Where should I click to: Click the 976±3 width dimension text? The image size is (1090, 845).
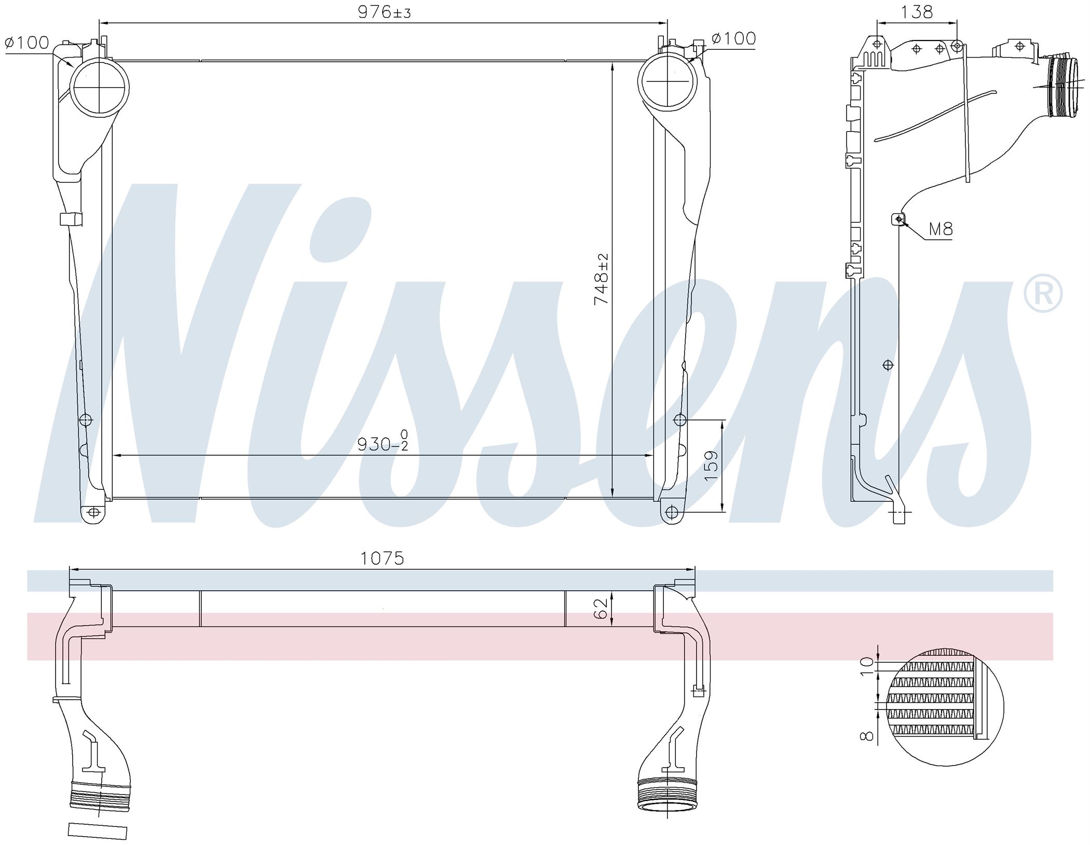384,12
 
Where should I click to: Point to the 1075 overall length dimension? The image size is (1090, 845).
382,558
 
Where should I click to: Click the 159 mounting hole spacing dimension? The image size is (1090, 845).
711,465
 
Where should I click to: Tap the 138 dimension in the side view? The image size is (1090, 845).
917,11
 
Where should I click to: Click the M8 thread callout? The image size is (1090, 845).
941,229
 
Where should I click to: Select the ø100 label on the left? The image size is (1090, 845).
26,43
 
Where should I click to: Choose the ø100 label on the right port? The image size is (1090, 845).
733,38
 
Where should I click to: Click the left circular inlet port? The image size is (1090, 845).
100,88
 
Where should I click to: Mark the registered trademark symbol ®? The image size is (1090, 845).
1043,294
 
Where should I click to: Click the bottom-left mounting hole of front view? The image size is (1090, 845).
93,512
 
